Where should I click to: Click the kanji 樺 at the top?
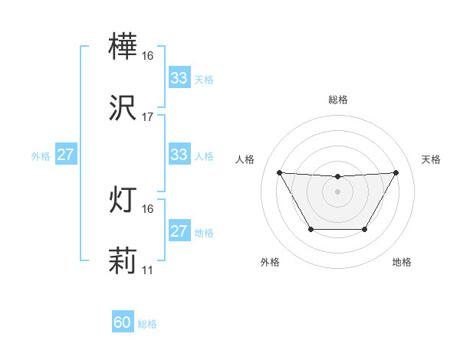(123, 48)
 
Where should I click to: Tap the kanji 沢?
(123, 110)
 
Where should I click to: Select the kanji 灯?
(123, 201)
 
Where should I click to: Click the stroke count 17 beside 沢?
(148, 117)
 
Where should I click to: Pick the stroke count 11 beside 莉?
(148, 270)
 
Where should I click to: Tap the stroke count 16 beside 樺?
(148, 56)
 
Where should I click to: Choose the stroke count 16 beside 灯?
(148, 209)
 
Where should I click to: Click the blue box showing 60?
(123, 322)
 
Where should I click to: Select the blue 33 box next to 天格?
(179, 78)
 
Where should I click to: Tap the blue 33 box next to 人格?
(179, 155)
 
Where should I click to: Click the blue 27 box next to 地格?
(179, 231)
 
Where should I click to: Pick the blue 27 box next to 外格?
(66, 155)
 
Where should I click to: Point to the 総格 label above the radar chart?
(338, 100)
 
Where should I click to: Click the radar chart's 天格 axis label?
(432, 159)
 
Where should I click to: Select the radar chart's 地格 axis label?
(402, 263)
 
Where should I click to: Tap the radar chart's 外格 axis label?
(270, 263)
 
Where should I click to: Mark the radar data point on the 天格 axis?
(396, 172)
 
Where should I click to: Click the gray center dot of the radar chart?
(338, 191)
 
